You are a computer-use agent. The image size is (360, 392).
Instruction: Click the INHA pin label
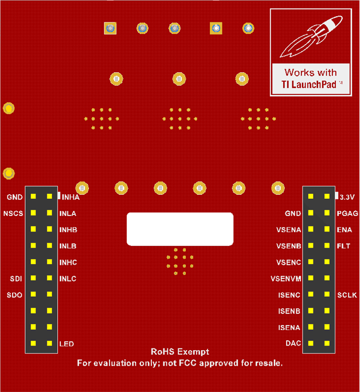[x=71, y=197]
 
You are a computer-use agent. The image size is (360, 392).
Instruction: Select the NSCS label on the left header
[x=12, y=213]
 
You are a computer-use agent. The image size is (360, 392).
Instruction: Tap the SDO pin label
[x=14, y=295]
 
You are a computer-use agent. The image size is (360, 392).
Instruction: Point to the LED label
[x=66, y=344]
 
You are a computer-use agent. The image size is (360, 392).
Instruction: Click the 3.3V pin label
[x=348, y=197]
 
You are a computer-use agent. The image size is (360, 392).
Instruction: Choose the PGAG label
[x=348, y=213]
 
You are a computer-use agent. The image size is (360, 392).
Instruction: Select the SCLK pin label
[x=347, y=295]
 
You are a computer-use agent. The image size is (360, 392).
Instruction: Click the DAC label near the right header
[x=294, y=344]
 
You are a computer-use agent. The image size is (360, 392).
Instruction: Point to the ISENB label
[x=289, y=311]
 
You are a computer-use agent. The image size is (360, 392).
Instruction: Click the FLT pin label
[x=344, y=246]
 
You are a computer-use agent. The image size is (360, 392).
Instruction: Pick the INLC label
[x=68, y=279]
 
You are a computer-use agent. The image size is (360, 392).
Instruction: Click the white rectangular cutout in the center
[x=180, y=229]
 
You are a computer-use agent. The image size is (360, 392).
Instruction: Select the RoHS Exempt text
[x=179, y=352]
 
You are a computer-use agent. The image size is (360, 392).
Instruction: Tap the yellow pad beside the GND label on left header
[x=33, y=197]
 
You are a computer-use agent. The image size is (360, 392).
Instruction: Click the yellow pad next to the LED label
[x=50, y=344]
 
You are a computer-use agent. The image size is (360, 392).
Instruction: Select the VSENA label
[x=288, y=230]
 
